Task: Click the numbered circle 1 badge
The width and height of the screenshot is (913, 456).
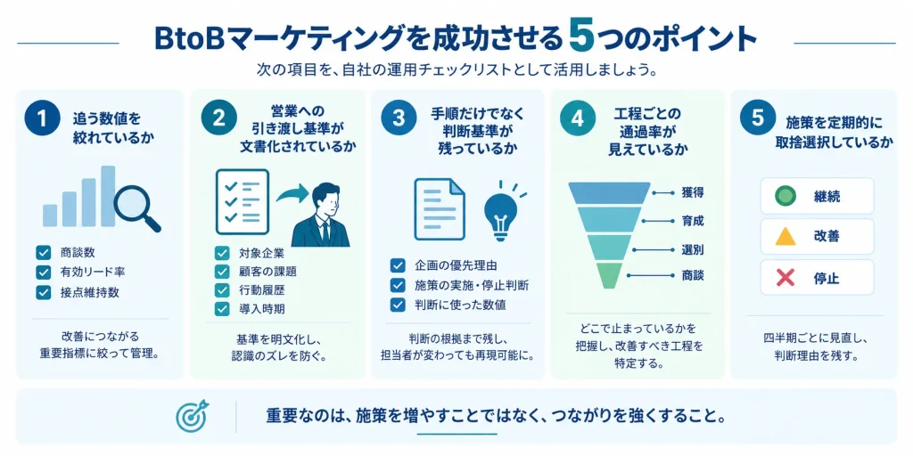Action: click(42, 118)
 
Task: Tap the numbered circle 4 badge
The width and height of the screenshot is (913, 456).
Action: click(577, 118)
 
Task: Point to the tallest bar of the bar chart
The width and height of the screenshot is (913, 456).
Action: click(108, 196)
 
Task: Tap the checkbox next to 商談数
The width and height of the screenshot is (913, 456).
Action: click(43, 253)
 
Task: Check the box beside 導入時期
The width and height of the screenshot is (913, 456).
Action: click(222, 308)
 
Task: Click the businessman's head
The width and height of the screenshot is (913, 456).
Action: click(325, 199)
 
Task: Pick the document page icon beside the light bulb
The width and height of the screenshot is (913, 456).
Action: click(439, 208)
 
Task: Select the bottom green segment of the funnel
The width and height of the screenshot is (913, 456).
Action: click(609, 275)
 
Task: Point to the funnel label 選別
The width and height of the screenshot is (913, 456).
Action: click(692, 250)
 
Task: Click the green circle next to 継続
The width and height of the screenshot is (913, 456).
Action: click(786, 196)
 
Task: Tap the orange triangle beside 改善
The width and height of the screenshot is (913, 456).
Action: click(786, 236)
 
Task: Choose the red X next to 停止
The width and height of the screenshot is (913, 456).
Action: click(786, 278)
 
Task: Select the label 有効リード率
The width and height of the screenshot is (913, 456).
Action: click(93, 272)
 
